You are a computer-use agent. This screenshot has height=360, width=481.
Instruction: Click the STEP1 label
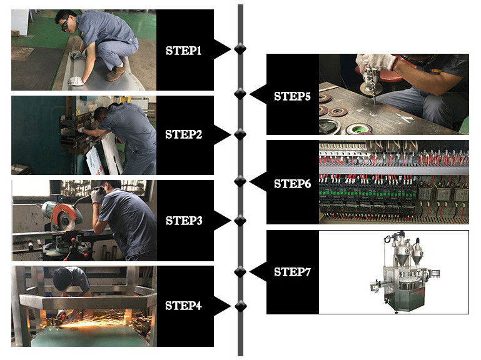183,51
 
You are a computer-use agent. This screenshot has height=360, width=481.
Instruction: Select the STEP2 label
183,134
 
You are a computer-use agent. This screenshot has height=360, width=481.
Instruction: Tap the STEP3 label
183,221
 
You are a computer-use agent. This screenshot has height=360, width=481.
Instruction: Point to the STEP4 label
183,306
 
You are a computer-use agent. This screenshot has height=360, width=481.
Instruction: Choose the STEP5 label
292,97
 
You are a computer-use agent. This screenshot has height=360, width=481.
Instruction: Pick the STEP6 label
292,184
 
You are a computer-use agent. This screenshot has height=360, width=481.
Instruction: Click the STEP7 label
292,272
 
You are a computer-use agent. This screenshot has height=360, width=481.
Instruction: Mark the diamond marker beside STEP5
240,94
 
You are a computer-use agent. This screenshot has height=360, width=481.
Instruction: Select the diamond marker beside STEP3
240,220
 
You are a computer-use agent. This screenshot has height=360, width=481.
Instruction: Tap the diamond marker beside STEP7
240,272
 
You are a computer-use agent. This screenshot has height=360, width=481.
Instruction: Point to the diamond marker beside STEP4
240,306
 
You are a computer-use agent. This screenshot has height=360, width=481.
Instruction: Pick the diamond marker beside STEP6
240,182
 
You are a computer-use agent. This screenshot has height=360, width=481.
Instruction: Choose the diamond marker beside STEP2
240,134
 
